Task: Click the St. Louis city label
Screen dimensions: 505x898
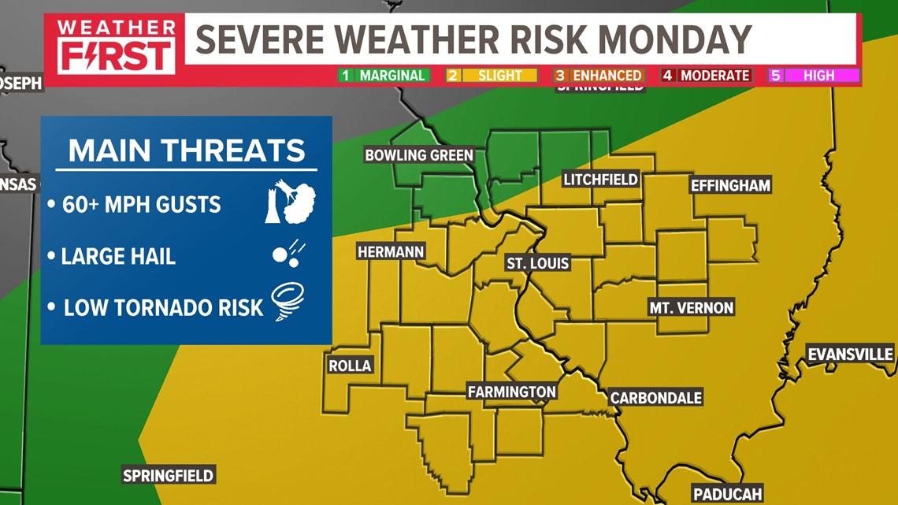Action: [x=538, y=263]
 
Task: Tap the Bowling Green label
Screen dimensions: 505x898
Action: [x=418, y=155]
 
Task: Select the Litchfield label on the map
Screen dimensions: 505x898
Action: [x=600, y=180]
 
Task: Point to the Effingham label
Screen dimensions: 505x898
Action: [x=730, y=186]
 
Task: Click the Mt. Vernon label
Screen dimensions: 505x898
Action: [x=691, y=308]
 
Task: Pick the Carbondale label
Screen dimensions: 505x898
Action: [x=655, y=398]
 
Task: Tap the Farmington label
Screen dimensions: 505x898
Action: [x=511, y=392]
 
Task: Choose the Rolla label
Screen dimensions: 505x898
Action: [x=350, y=366]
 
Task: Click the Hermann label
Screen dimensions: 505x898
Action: [x=391, y=252]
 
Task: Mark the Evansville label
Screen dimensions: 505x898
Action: [x=850, y=355]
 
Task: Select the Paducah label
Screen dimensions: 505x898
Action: [x=727, y=494]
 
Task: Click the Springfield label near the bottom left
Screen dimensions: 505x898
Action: [x=169, y=475]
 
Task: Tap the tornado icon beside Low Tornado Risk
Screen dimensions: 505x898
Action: [x=288, y=302]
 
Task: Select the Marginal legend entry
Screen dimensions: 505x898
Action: [x=384, y=76]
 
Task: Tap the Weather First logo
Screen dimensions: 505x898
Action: [x=116, y=46]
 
